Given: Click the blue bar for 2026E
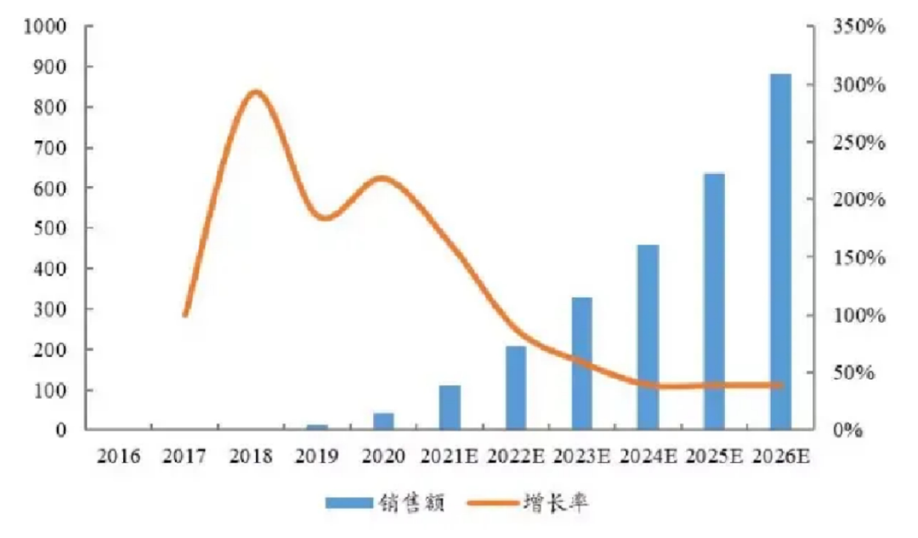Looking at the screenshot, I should [780, 251].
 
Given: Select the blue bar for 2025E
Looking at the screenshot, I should [714, 301].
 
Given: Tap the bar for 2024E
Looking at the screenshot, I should [648, 337].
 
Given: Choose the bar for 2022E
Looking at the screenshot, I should [516, 387].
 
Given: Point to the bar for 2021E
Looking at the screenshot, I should [450, 407].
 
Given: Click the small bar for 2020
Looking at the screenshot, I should [383, 421].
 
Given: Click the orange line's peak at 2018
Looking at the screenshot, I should [252, 92].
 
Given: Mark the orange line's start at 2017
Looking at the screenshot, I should [184, 315].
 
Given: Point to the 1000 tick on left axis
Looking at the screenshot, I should [46, 26].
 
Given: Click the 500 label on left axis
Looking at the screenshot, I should [50, 228].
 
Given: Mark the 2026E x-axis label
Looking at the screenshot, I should [780, 457].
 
